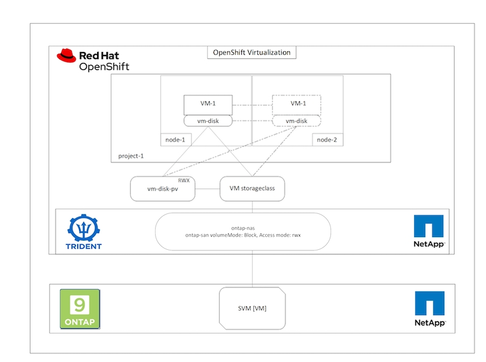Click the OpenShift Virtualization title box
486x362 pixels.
(252, 53)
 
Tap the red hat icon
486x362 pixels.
(67, 56)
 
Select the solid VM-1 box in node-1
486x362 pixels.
(208, 105)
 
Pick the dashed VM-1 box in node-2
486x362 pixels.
(296, 105)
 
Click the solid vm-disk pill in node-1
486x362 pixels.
(208, 121)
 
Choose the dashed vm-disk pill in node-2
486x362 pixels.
(296, 121)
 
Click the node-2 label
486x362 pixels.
(327, 139)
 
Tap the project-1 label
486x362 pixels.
(131, 156)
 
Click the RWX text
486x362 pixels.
(187, 180)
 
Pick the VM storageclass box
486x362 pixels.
(252, 188)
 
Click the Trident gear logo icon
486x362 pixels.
(84, 228)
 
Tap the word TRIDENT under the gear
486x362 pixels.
(84, 246)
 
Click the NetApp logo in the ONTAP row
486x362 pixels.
(429, 309)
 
